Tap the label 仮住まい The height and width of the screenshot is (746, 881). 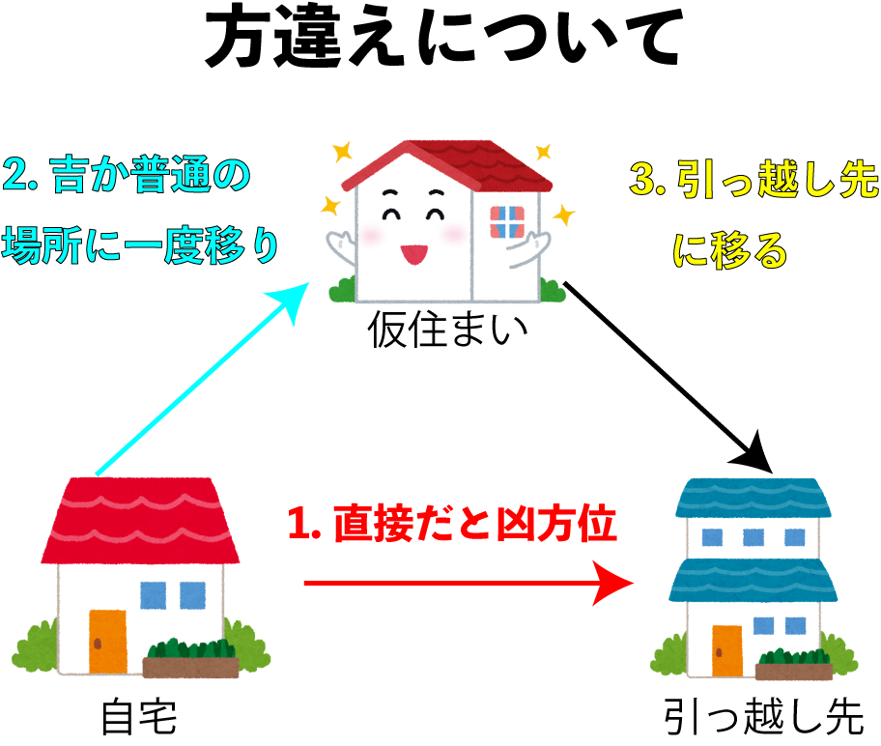(448, 330)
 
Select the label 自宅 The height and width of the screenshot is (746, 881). (139, 717)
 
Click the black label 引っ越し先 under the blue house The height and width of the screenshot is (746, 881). (763, 717)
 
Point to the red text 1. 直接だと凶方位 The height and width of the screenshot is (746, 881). (452, 524)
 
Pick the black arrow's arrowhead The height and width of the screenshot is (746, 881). (755, 453)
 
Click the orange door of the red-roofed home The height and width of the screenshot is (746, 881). (107, 642)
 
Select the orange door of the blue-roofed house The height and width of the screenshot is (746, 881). (727, 651)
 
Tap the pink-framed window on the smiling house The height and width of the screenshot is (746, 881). (507, 222)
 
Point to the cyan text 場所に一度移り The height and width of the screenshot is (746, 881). (140, 245)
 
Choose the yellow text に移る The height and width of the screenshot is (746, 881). (730, 249)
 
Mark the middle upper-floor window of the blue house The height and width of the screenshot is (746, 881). (753, 537)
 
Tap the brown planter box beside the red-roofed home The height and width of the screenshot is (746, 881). (190, 668)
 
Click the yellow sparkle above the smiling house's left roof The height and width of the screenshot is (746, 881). (342, 152)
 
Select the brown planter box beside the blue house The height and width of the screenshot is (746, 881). (794, 672)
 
